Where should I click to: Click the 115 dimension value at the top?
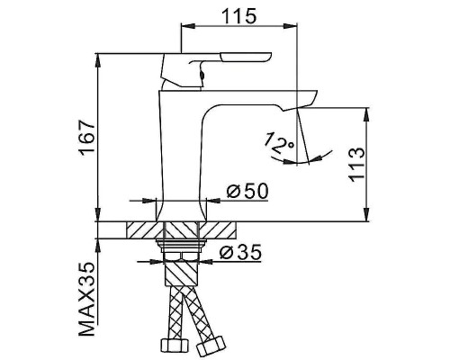(240, 15)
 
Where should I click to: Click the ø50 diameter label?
(243, 192)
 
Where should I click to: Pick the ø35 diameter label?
(238, 252)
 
